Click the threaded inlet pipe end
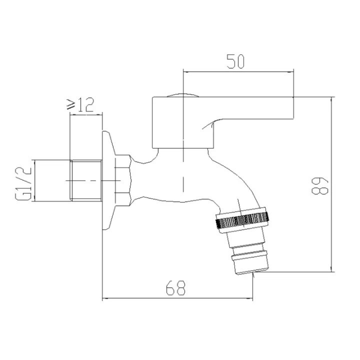click(85, 180)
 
